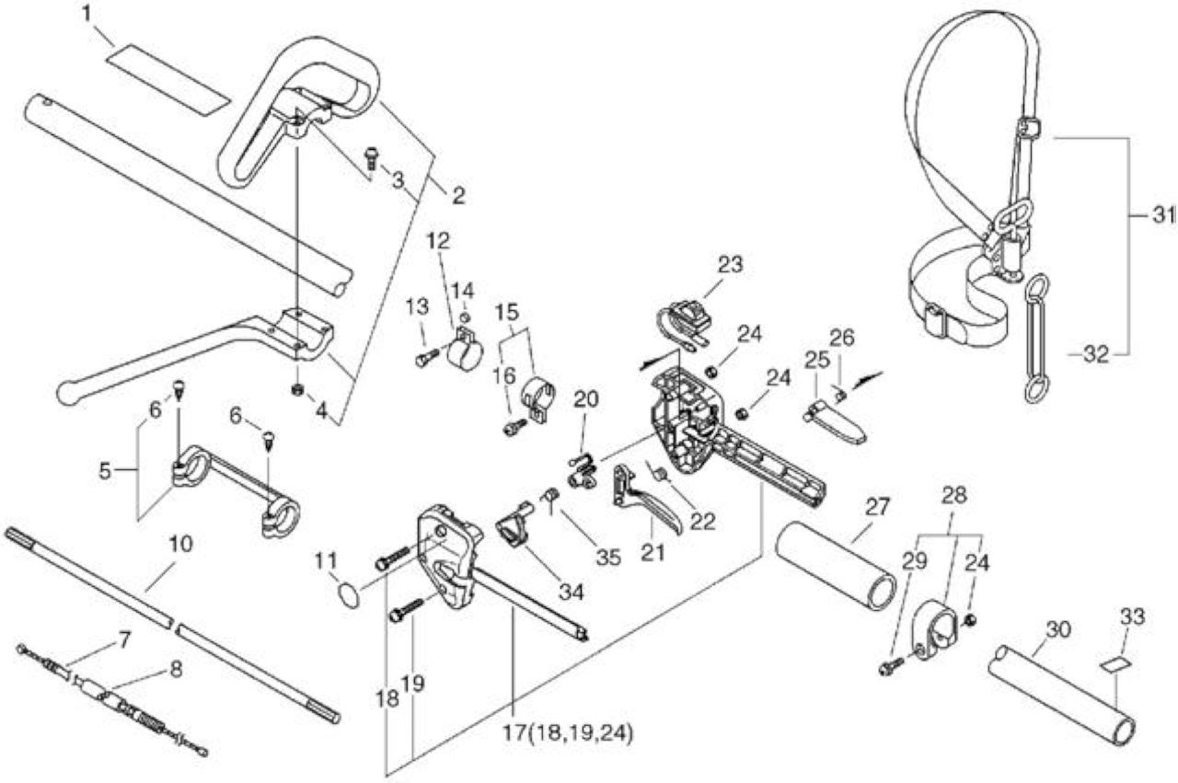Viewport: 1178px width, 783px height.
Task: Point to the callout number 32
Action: coord(1096,355)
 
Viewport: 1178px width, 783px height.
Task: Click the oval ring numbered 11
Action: coord(348,596)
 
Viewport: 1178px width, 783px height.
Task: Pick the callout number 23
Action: coord(730,264)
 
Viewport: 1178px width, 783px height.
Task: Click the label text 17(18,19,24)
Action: coord(568,733)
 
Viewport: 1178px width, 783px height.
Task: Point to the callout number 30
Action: coord(1058,629)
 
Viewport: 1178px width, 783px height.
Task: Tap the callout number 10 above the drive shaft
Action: coord(180,545)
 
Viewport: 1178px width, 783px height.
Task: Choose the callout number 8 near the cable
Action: coord(176,670)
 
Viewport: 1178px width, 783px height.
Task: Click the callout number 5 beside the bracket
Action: coord(105,471)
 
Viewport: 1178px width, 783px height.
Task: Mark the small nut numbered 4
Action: coord(298,389)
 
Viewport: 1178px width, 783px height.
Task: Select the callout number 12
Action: coord(438,241)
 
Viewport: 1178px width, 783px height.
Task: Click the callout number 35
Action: coord(608,558)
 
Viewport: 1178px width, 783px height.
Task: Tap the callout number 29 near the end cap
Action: coord(915,561)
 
